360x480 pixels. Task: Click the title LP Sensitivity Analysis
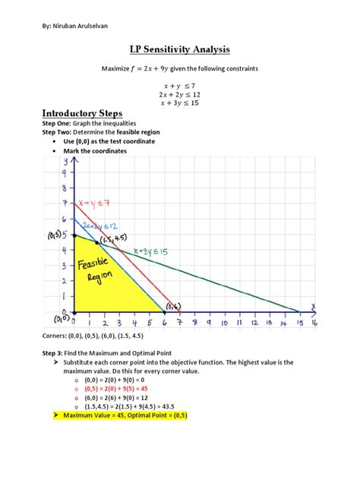point(180,50)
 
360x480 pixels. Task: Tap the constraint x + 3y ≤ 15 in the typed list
point(180,103)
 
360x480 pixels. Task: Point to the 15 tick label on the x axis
point(300,322)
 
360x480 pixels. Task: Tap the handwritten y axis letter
point(66,160)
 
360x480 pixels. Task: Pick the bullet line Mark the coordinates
point(95,151)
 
